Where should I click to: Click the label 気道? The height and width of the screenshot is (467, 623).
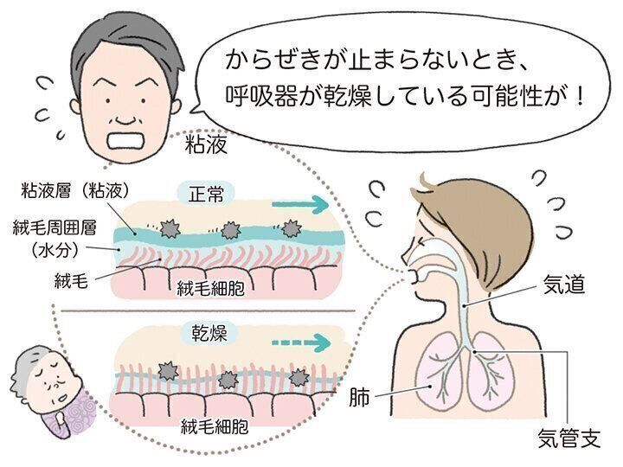563,284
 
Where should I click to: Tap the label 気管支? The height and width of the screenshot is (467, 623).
568,438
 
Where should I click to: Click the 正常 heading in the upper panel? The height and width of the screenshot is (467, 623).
206,195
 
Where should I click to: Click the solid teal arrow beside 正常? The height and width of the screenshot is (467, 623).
299,205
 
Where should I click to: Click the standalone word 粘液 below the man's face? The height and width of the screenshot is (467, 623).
206,144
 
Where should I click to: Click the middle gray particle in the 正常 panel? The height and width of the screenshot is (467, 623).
230,230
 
